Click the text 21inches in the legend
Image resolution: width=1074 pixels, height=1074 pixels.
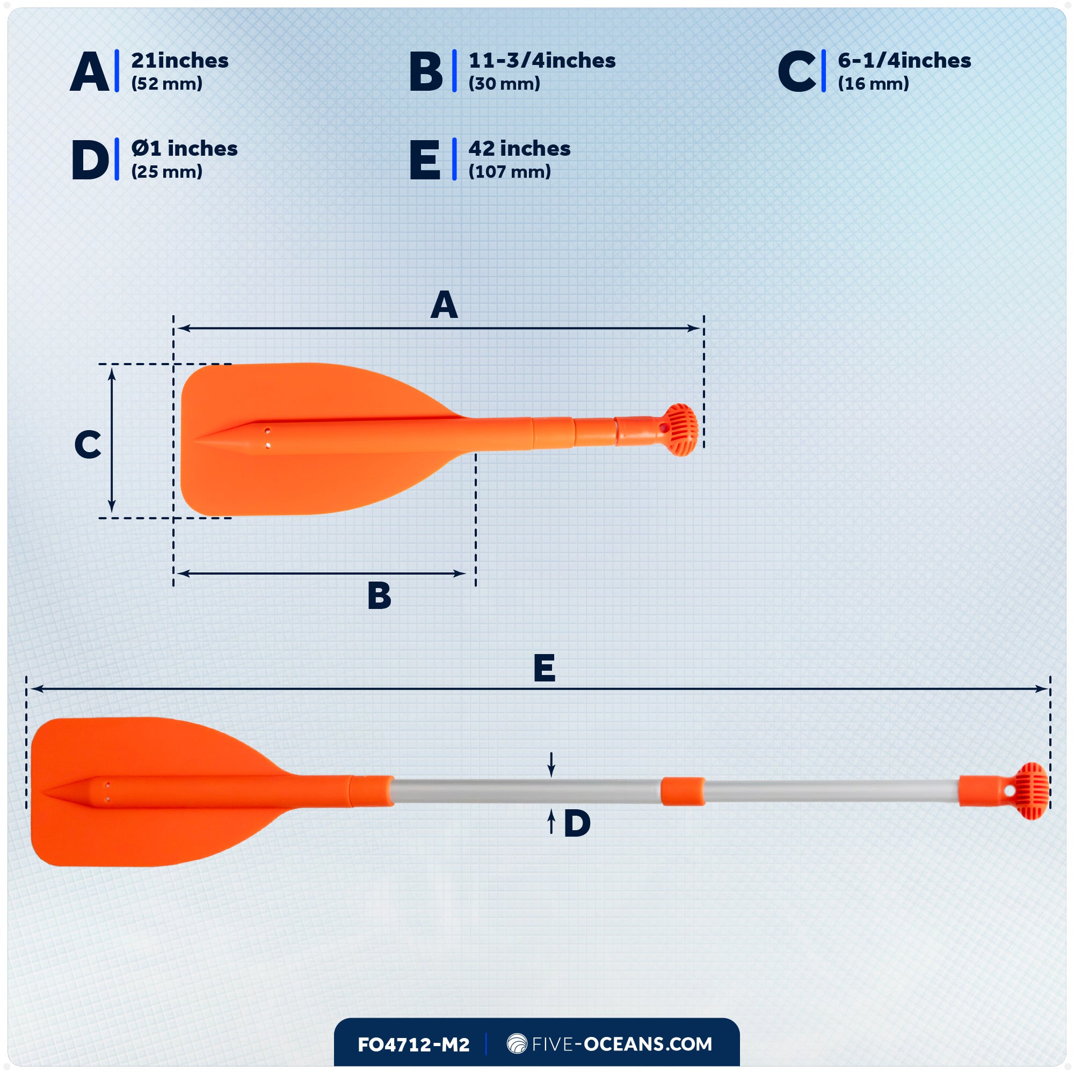179,61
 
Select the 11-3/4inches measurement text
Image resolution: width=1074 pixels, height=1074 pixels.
542,61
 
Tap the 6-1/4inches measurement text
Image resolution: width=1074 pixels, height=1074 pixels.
904,61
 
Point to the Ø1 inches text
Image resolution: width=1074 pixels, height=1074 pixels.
184,148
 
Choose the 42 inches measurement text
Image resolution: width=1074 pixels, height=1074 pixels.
519,148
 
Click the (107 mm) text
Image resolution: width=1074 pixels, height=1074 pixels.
509,172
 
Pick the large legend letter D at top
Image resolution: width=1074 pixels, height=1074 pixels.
90,160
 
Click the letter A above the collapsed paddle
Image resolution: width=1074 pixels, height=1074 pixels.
444,305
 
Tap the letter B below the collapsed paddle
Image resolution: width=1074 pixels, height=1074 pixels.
379,596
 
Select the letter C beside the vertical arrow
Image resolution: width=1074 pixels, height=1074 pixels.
88,445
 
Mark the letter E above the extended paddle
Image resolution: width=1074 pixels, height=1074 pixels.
544,667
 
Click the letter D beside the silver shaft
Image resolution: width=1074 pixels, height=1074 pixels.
577,823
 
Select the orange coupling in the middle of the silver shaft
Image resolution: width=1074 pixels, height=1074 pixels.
683,791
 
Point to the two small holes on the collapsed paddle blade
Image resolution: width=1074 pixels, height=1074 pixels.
267,438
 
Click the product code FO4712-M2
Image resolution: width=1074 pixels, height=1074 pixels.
413,1044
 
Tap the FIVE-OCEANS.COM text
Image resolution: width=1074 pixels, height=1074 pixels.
621,1044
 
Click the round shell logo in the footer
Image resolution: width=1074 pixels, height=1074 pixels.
517,1043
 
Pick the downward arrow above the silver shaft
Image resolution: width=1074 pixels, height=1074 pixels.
551,764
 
